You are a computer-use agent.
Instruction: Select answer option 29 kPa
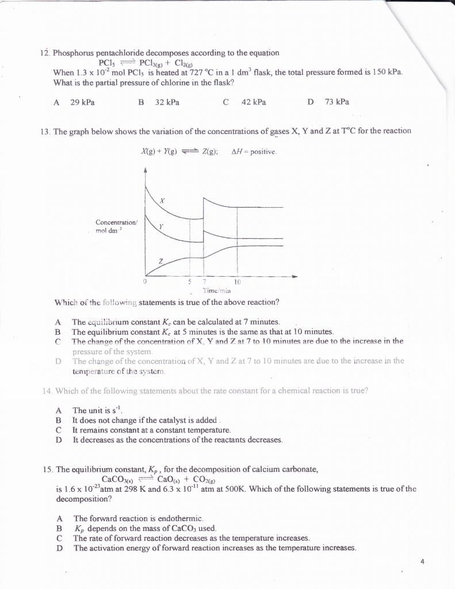click(82, 102)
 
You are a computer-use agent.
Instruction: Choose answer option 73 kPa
click(337, 102)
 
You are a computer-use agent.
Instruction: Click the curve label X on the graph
click(162, 201)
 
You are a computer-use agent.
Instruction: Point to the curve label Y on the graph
click(161, 227)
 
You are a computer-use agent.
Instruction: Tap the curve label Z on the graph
click(161, 262)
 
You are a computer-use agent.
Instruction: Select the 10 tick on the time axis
click(237, 282)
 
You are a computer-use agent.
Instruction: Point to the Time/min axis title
click(206, 292)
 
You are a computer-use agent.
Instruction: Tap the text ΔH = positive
click(254, 152)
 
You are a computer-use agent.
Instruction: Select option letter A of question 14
click(58, 411)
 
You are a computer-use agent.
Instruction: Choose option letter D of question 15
click(59, 548)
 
